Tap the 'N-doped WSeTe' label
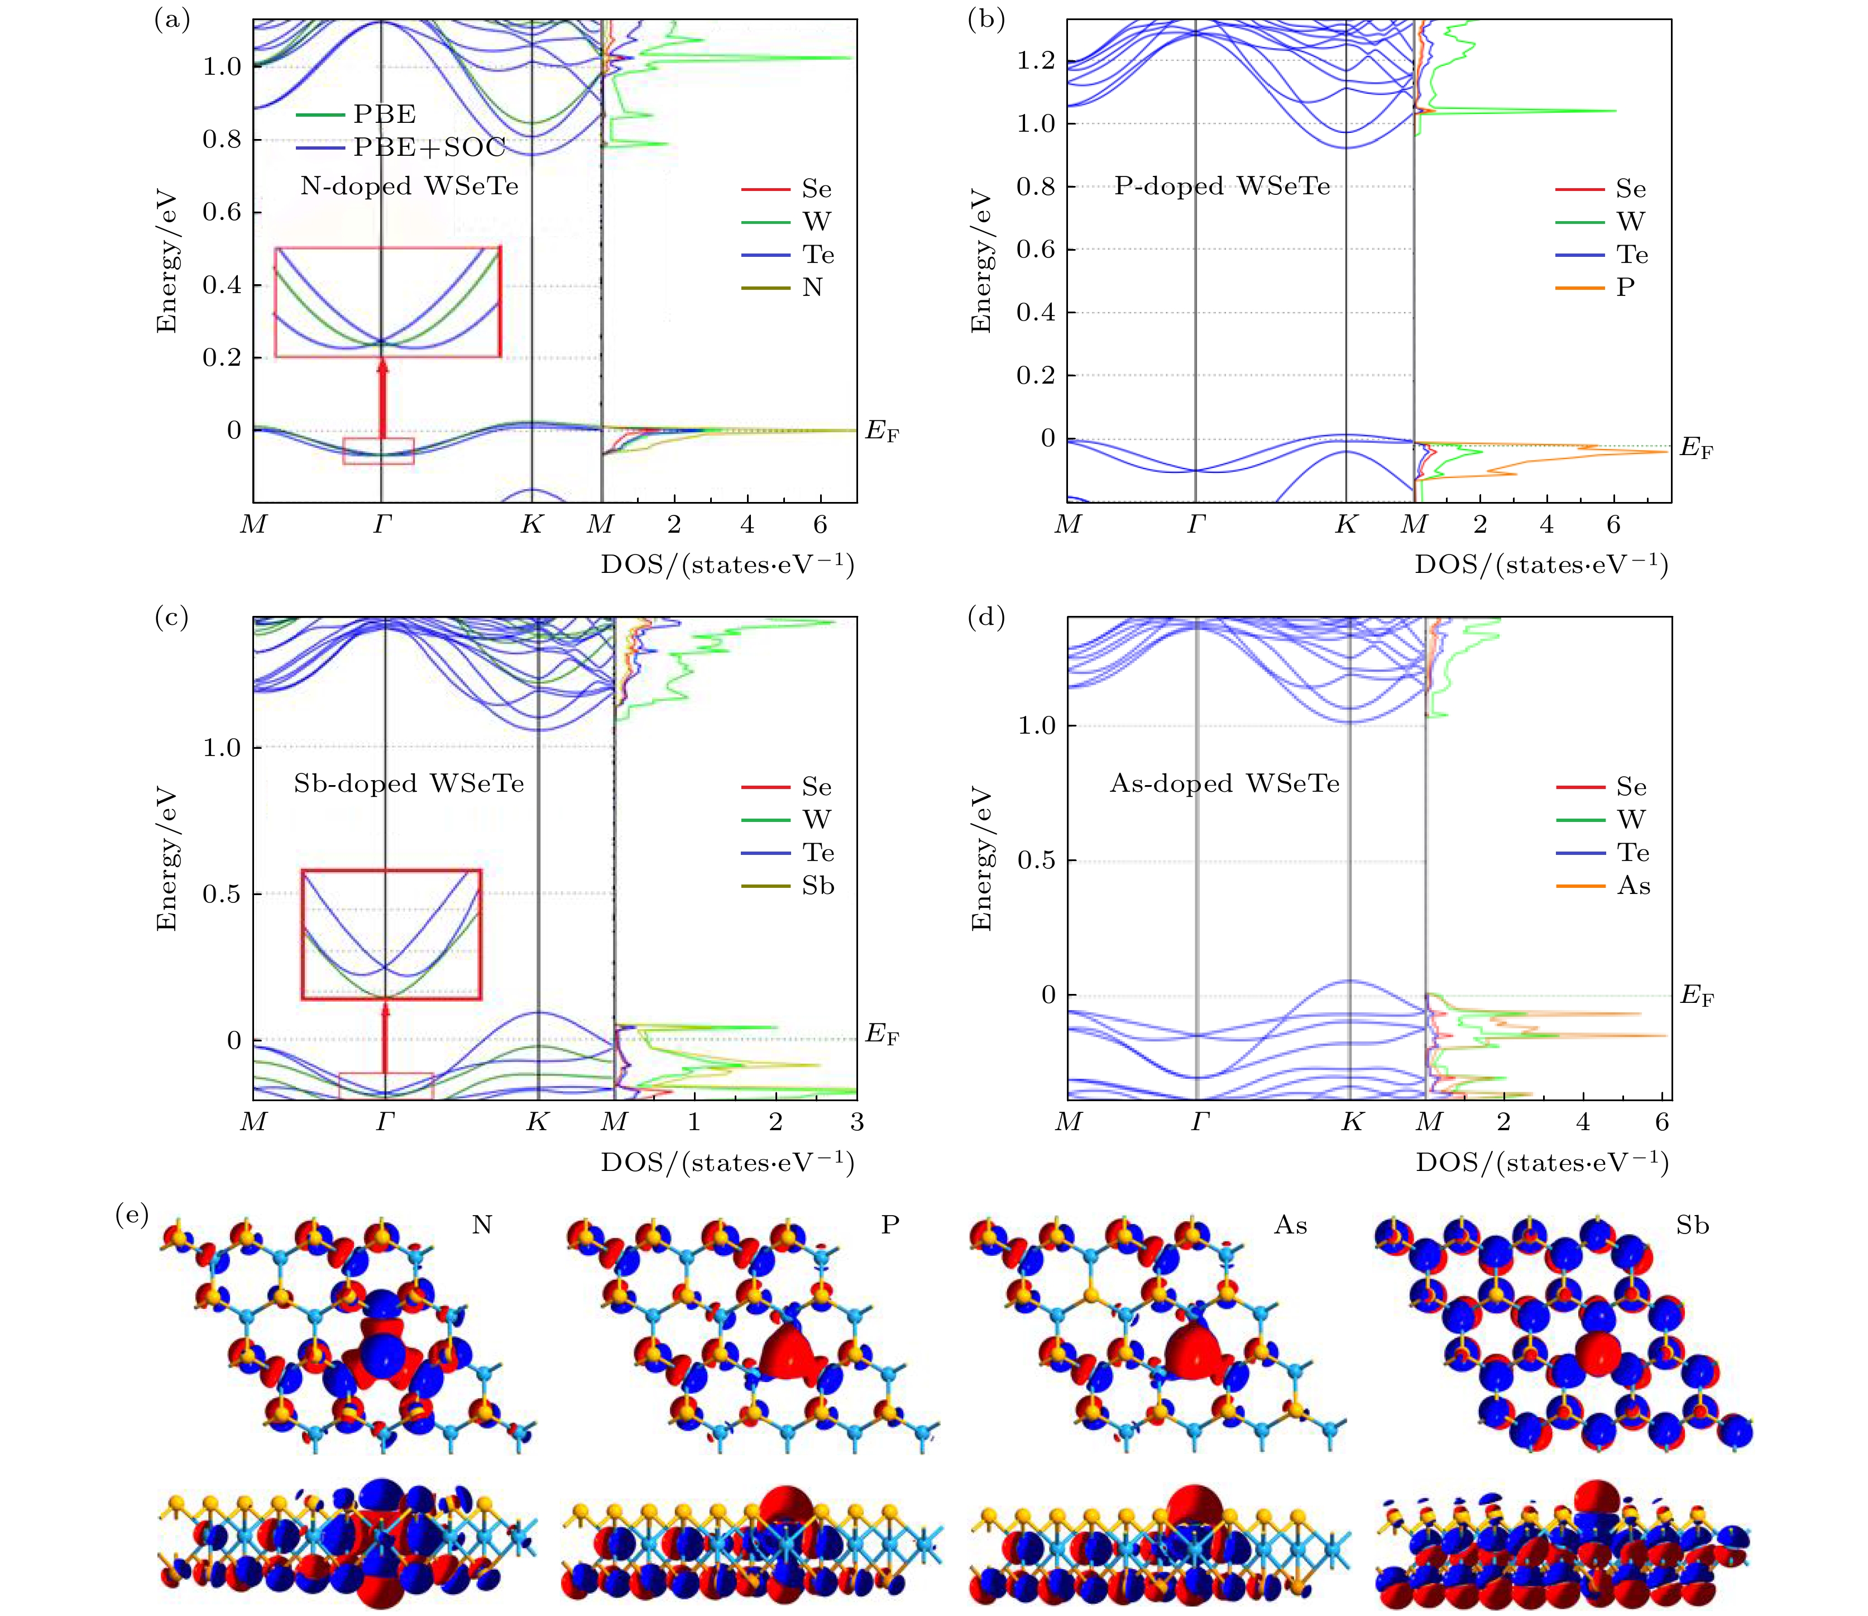409,186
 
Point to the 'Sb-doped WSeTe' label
409,783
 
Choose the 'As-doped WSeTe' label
1224,783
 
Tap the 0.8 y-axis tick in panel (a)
221,139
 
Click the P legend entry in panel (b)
1626,287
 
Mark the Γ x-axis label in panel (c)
385,1122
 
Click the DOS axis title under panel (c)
727,1163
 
